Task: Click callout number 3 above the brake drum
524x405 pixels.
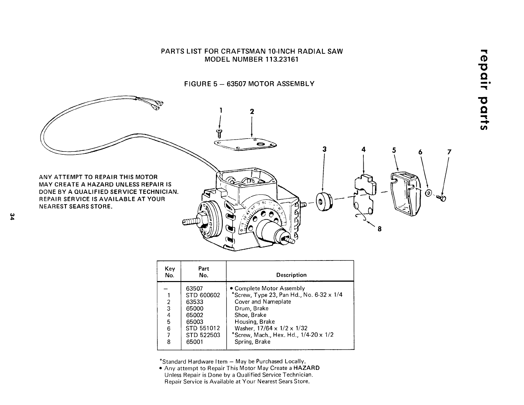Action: [x=324, y=149]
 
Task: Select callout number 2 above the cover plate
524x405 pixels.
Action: [x=252, y=112]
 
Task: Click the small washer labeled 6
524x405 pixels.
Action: [x=428, y=193]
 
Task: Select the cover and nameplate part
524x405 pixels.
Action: [x=245, y=145]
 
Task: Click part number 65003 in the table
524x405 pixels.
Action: [x=195, y=322]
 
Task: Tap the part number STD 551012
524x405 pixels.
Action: [x=203, y=328]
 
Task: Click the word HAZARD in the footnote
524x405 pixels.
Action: [x=306, y=368]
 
